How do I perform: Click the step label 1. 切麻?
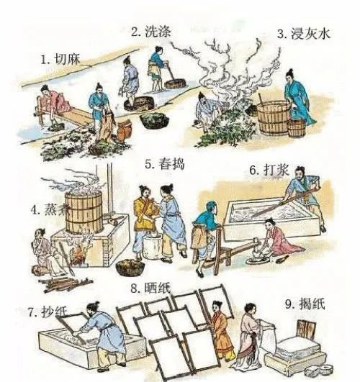click(60, 59)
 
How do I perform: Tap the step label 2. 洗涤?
click(151, 32)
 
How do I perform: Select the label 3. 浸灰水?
click(304, 34)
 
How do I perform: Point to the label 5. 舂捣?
click(165, 164)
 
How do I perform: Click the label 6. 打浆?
click(269, 170)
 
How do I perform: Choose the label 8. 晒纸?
click(150, 288)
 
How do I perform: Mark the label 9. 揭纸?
click(305, 304)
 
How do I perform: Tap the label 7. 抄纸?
click(48, 311)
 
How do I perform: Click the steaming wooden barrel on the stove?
click(84, 212)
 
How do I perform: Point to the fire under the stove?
click(78, 253)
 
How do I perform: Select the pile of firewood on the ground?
click(66, 284)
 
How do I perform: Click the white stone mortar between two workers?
click(151, 246)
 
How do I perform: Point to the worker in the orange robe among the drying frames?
click(221, 332)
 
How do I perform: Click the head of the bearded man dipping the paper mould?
click(93, 308)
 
